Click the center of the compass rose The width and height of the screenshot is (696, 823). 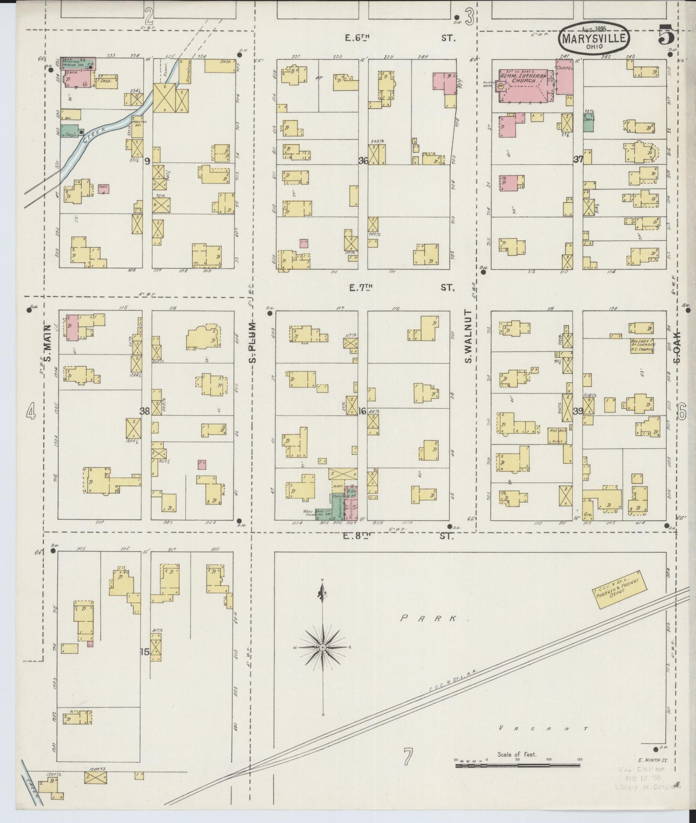tap(322, 648)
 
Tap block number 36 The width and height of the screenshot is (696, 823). tap(363, 161)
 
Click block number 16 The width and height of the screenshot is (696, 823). tap(362, 411)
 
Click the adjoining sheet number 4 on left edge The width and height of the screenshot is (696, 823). tap(31, 411)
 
